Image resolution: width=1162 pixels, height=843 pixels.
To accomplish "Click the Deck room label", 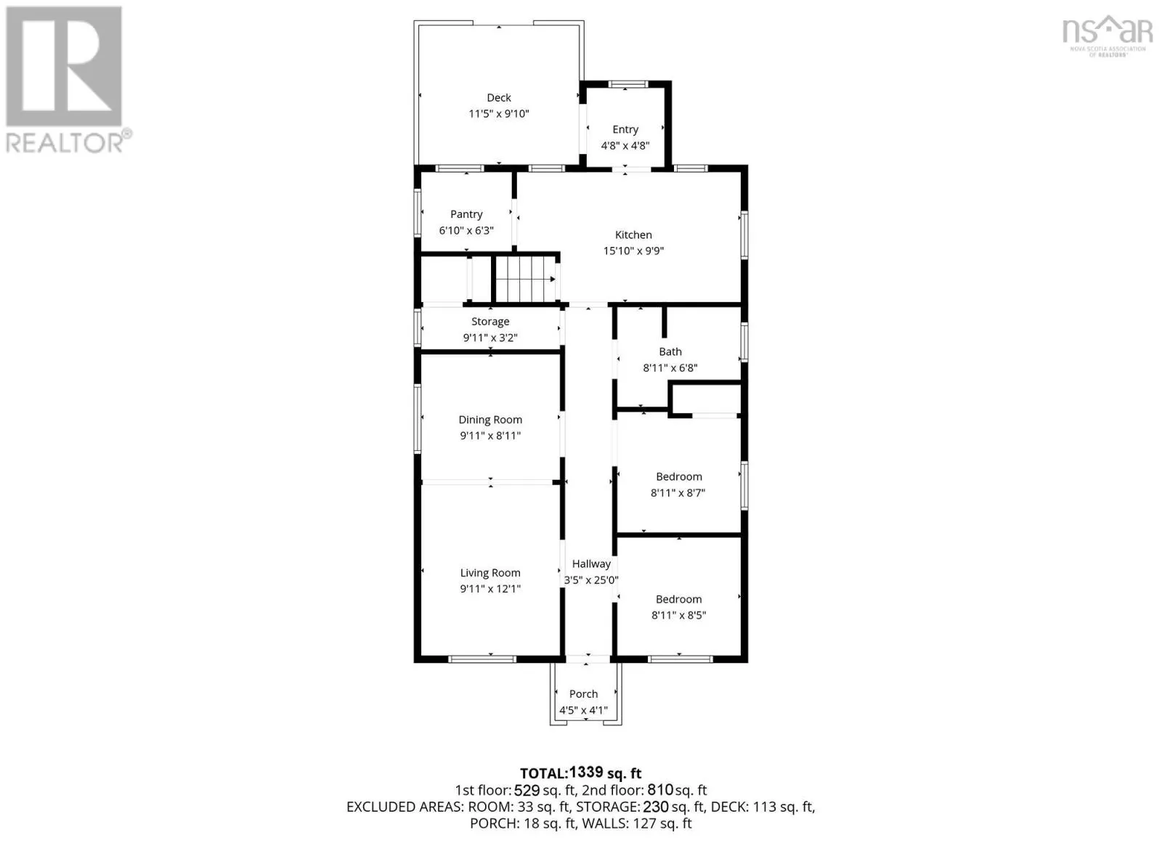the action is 498,97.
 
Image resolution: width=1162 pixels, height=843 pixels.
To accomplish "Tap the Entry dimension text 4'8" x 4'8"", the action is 625,146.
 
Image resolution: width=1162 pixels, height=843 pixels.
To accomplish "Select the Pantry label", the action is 466,214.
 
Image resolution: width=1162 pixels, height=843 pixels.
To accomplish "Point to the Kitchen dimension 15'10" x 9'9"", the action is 633,251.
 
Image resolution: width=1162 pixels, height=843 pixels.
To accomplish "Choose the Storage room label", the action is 490,322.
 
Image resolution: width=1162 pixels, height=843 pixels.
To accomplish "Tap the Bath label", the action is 670,351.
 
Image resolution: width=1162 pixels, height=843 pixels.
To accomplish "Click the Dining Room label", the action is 490,420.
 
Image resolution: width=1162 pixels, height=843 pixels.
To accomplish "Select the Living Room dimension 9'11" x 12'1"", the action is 490,589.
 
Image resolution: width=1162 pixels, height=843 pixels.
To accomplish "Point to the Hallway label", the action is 591,564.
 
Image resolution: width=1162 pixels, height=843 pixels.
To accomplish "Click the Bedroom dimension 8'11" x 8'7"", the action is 678,493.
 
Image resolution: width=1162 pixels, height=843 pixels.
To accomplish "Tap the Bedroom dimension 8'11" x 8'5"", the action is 678,615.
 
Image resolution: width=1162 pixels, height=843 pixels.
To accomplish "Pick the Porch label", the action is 584,694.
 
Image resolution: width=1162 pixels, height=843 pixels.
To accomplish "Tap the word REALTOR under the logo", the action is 65,142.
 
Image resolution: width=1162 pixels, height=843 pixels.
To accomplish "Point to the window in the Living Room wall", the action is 482,659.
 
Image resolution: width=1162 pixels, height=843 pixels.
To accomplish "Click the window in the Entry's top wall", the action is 628,84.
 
